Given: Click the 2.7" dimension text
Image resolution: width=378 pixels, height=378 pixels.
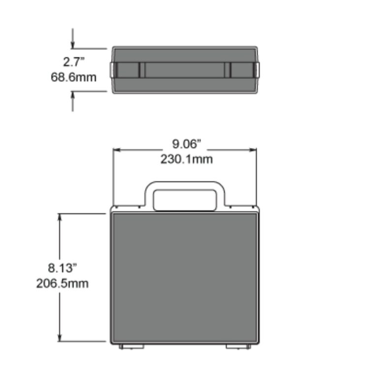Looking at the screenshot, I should tap(74, 63).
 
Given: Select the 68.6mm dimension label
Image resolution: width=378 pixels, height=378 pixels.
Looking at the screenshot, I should tap(74, 77).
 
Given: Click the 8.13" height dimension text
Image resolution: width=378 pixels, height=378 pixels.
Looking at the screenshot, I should tap(63, 268).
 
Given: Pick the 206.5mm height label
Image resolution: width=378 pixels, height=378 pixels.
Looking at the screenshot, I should tap(63, 283).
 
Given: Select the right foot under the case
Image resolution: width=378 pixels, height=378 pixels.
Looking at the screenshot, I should tap(238, 346).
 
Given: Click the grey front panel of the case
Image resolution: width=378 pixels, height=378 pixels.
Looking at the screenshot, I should tap(185, 278).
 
